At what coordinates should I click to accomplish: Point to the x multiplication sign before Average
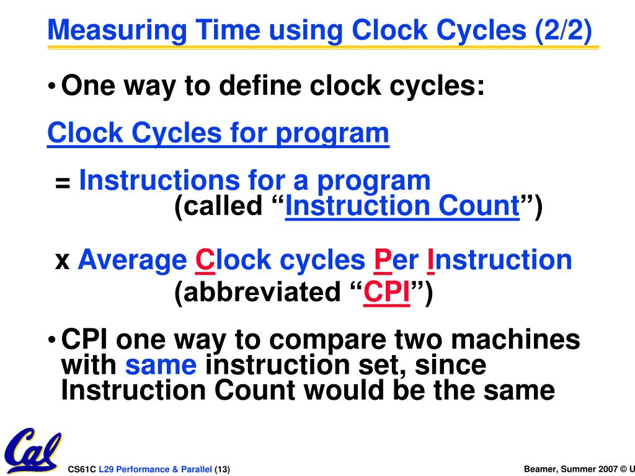[x=62, y=261]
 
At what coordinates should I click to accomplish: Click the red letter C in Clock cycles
[x=205, y=260]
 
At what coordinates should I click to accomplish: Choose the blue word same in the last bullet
[x=161, y=366]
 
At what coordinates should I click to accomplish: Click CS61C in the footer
[x=82, y=469]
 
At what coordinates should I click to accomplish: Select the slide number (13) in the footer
[x=222, y=469]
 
